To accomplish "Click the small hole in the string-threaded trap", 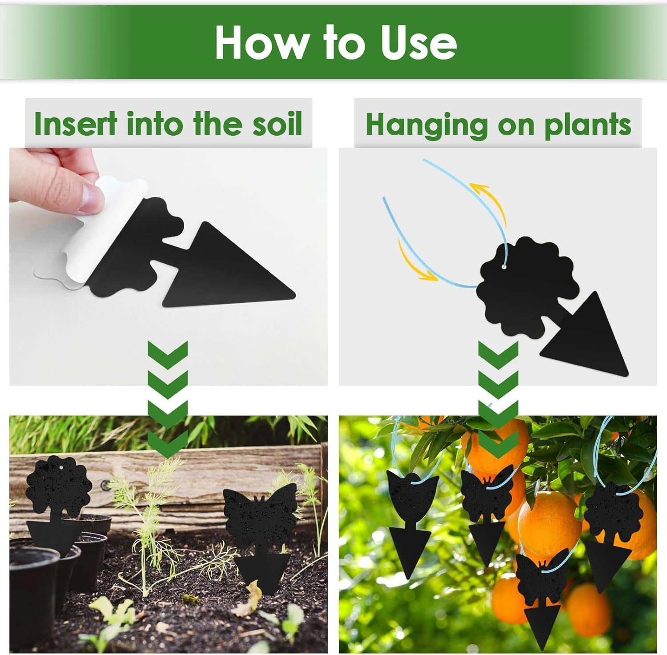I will pyautogui.click(x=505, y=267).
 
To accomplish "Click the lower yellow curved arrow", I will pyautogui.click(x=414, y=262).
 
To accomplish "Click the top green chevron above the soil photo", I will pyautogui.click(x=167, y=351).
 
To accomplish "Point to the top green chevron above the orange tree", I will pyautogui.click(x=498, y=351).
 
